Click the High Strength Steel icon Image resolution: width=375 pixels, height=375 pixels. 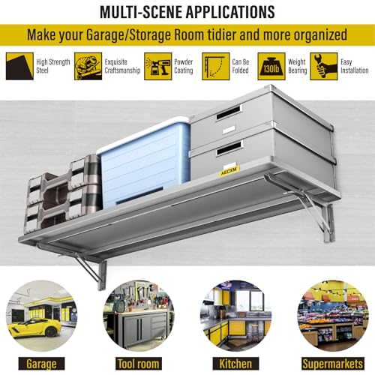coord(19,66)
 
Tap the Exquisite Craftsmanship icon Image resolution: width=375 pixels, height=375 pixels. coord(88,66)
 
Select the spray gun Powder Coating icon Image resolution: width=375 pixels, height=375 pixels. coord(158,66)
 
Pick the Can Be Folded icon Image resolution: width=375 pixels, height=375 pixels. coord(216,66)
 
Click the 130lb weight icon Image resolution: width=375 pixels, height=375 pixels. coord(271,66)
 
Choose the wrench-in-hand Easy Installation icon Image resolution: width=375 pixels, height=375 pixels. coord(324,66)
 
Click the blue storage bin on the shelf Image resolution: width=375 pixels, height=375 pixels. coord(144,163)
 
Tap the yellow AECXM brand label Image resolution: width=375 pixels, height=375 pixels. coord(229,171)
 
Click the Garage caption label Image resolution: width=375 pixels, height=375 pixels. coord(41,364)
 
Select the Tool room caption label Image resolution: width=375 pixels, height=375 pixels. coord(139,364)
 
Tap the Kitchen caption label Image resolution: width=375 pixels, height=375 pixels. coord(235,364)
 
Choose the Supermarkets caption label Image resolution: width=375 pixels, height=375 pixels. coord(333,364)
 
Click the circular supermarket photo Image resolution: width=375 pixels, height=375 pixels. coord(333,316)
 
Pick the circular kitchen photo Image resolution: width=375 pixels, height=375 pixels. coord(235,316)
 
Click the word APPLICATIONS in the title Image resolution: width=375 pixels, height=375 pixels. coord(230,12)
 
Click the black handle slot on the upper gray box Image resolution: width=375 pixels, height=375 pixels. coord(229,112)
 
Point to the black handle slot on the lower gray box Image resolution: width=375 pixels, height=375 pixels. coord(229,148)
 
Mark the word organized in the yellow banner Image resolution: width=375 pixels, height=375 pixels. coord(320,35)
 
